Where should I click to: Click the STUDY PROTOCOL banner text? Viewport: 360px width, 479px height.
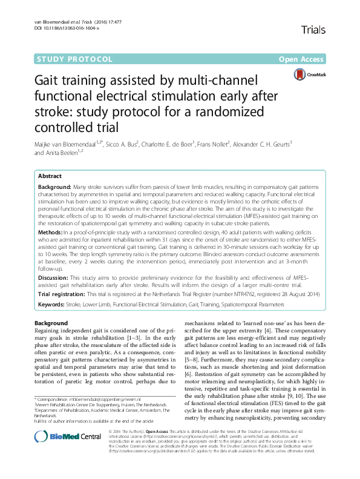pyautogui.click(x=75, y=59)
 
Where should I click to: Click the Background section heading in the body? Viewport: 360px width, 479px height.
pyautogui.click(x=51, y=324)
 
